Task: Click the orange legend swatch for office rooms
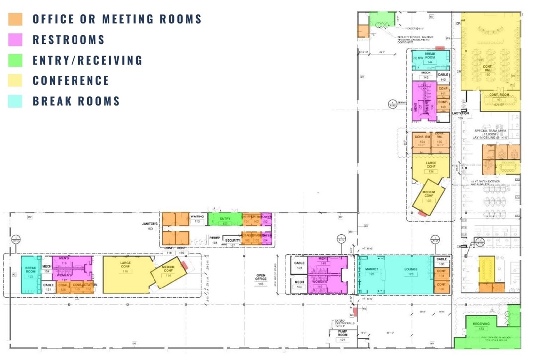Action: point(15,19)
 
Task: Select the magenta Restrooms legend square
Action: point(15,40)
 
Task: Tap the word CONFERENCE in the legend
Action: point(71,81)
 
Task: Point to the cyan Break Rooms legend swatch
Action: point(15,101)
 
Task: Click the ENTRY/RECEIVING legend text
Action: point(87,61)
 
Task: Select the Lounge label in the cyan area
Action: point(410,269)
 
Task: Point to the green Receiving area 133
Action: point(481,326)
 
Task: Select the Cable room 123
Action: point(299,265)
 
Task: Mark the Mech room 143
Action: point(425,75)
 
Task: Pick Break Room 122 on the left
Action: point(30,274)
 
